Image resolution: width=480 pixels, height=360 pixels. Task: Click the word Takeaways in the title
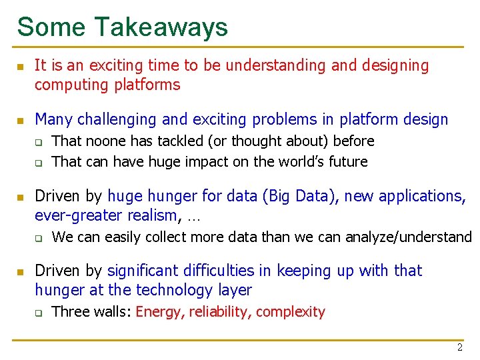[x=161, y=27]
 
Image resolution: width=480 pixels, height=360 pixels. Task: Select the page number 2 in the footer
[x=459, y=347]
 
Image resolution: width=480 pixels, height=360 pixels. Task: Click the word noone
[x=100, y=141]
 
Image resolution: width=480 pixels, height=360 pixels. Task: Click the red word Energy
[x=159, y=312]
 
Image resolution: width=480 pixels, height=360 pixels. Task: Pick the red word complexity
[x=290, y=312]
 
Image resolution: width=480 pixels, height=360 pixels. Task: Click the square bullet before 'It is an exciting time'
[x=21, y=66]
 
